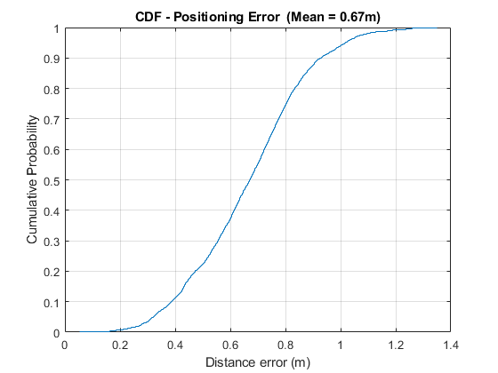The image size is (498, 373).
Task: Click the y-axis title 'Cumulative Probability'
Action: pyautogui.click(x=31, y=181)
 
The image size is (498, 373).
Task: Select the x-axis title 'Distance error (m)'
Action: pyautogui.click(x=257, y=362)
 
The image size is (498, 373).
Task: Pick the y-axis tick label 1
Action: pyautogui.click(x=57, y=28)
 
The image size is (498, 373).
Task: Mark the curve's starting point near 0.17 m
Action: pyautogui.click(x=111, y=332)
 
